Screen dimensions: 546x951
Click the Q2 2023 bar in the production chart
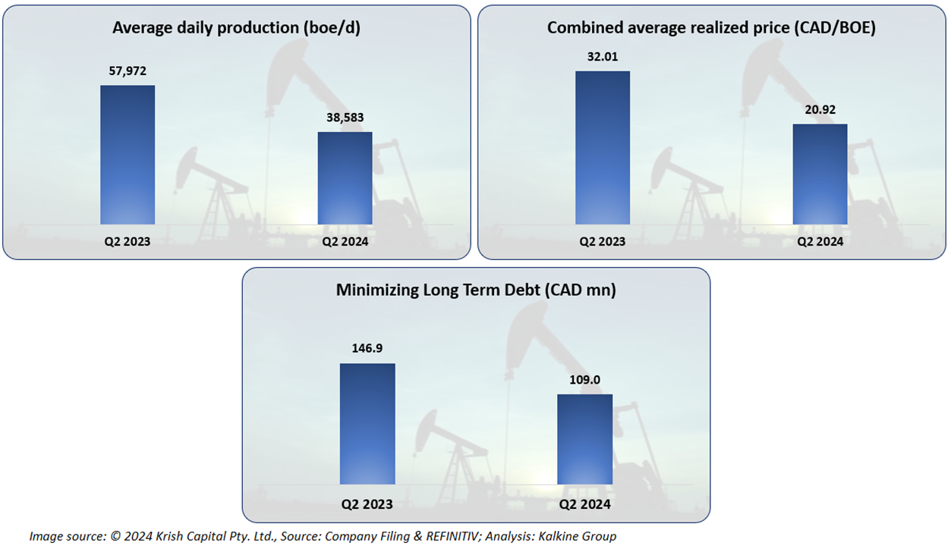(x=128, y=155)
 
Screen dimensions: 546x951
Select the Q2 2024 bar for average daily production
(x=345, y=178)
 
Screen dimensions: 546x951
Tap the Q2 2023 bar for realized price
(x=603, y=148)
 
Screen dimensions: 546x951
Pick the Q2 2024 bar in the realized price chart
(x=820, y=174)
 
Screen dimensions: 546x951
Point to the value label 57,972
(x=128, y=71)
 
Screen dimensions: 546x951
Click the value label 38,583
(x=345, y=118)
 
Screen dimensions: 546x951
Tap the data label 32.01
(x=603, y=57)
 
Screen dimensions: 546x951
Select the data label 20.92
(x=820, y=110)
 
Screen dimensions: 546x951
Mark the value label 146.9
(x=367, y=350)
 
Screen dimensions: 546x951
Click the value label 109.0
(x=584, y=380)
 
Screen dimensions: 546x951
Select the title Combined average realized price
(x=711, y=28)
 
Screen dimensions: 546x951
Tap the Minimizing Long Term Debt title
(x=476, y=290)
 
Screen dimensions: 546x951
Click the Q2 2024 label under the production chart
(x=345, y=242)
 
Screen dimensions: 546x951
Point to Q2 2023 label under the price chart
(x=603, y=242)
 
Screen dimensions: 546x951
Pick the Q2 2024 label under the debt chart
(x=584, y=504)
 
